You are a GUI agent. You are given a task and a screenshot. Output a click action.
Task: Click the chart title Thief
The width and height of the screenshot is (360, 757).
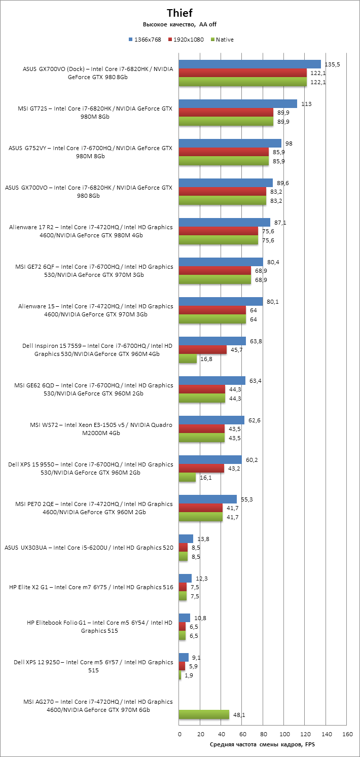180,13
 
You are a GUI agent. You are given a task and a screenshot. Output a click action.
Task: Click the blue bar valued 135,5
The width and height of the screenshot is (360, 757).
250,64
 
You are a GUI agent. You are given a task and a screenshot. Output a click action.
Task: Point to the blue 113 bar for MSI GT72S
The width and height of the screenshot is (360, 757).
238,103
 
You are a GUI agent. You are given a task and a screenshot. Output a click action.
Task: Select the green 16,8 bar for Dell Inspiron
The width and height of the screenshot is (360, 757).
188,359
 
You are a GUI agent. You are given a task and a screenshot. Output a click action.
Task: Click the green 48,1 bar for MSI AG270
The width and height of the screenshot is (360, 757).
204,715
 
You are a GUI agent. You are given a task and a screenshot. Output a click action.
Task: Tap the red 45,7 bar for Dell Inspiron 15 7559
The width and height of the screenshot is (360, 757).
203,350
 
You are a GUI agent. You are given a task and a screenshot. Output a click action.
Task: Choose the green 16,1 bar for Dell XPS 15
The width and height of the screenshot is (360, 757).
187,478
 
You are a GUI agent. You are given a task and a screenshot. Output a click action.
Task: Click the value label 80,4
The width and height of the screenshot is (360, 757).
273,262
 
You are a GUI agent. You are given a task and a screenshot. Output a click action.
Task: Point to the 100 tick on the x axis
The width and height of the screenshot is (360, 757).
284,734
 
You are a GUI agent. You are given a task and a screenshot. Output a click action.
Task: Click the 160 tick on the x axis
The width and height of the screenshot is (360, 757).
347,734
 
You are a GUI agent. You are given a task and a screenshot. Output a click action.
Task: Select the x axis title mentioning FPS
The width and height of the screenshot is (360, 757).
262,744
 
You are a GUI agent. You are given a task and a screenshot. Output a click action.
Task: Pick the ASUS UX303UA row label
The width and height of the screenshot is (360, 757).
89,548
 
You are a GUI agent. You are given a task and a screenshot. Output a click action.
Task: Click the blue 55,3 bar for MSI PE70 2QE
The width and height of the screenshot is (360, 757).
208,499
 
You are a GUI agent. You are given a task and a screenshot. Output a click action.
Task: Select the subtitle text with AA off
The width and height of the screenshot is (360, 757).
180,24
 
